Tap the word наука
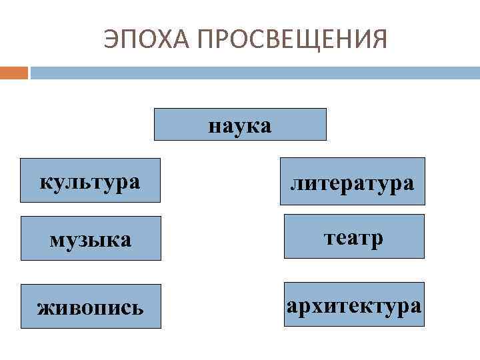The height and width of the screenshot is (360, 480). click(240, 125)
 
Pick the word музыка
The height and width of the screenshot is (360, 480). click(90, 239)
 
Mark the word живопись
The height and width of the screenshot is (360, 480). click(90, 307)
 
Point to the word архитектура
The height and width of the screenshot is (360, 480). click(354, 306)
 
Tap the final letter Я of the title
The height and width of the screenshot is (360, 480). click(378, 39)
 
